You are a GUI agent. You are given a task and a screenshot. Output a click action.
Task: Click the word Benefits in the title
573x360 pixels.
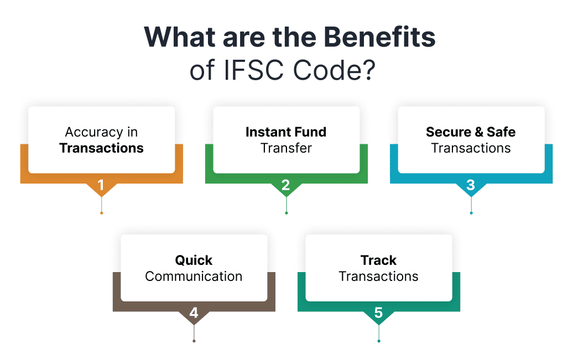(x=379, y=37)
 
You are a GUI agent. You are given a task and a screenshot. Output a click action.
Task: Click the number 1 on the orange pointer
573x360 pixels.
(x=101, y=185)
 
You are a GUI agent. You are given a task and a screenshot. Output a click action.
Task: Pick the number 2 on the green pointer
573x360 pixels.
(x=286, y=185)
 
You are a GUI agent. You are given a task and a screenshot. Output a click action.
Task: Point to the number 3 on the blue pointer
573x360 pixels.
(x=471, y=185)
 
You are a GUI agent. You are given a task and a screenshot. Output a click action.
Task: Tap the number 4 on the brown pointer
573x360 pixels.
(x=194, y=313)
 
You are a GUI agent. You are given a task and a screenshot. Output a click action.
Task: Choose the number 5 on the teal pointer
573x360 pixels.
(x=378, y=313)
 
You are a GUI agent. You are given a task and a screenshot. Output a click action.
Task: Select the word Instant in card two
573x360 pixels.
(x=266, y=132)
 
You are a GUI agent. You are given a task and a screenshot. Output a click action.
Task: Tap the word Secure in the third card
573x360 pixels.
(x=449, y=132)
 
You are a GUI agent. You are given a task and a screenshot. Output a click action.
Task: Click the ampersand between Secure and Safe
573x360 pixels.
(x=479, y=132)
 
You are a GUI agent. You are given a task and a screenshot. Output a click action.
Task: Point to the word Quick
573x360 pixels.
(x=194, y=260)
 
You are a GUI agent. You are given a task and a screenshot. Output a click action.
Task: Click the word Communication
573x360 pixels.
(x=194, y=276)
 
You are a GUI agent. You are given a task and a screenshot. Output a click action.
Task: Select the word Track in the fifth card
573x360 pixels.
(x=378, y=260)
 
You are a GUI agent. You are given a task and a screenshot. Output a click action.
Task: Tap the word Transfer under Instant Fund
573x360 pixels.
(x=286, y=148)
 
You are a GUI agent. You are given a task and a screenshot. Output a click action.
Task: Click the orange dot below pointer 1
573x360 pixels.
(x=102, y=213)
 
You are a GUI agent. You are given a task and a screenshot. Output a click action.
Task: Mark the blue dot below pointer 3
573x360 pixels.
(x=471, y=213)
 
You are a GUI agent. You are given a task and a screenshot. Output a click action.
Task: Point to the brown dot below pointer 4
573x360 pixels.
(x=194, y=341)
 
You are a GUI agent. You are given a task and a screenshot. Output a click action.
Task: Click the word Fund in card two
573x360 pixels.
(x=308, y=132)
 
